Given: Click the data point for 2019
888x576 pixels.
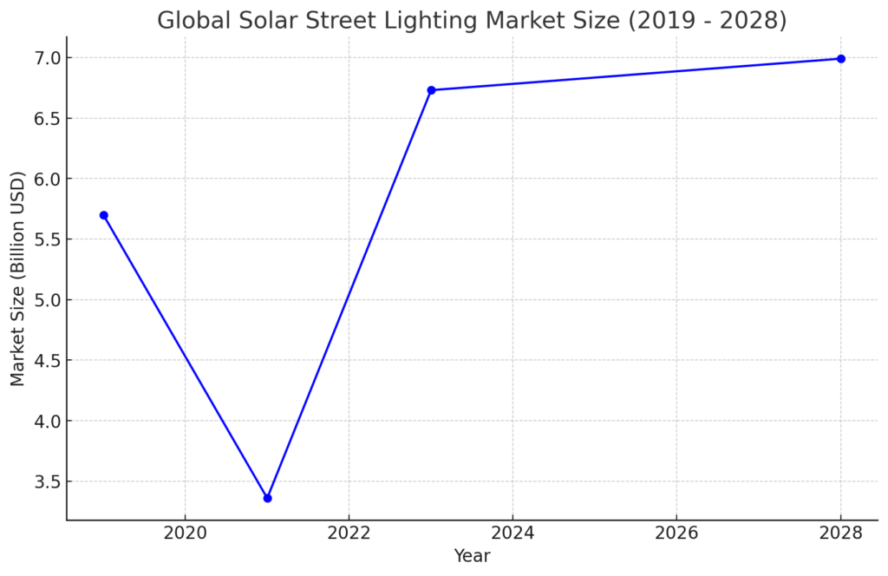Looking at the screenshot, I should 103,215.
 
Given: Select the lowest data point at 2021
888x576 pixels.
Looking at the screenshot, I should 267,498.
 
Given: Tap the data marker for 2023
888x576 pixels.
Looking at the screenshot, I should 431,90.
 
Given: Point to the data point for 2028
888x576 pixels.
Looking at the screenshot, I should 840,59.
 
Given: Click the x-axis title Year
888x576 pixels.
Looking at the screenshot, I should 472,556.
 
